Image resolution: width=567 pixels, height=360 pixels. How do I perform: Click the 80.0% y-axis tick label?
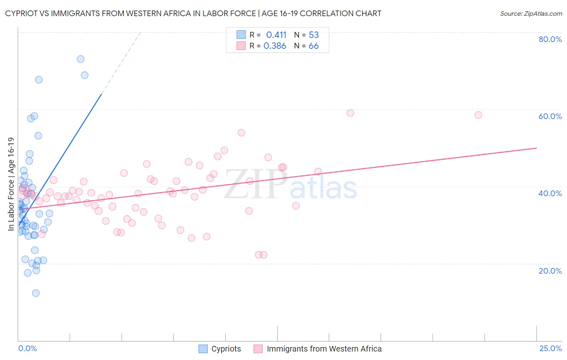pos(550,39)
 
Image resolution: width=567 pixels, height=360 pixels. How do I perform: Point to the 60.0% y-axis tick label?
pos(550,116)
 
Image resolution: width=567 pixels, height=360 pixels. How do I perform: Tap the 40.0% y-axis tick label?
pos(550,193)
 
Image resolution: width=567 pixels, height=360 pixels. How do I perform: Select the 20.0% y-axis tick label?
pos(550,271)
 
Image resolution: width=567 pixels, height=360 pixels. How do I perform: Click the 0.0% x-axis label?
pos(27,348)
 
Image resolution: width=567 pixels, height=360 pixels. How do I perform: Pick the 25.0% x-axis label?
pos(550,348)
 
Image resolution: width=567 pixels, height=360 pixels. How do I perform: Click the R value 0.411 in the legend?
pos(276,35)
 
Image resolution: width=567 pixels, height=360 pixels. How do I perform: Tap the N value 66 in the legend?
pos(313,46)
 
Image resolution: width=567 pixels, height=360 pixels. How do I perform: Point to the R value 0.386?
pos(275,46)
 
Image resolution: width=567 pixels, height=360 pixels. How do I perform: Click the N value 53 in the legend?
pos(313,35)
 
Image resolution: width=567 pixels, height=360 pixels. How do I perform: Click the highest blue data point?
pos(81,59)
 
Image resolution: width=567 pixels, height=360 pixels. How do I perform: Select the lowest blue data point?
pos(36,293)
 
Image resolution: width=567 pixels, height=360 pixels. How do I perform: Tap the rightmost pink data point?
pos(478,115)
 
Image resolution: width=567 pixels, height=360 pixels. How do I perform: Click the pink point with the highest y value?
pos(350,113)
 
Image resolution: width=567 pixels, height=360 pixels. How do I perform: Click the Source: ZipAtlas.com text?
pos(531,14)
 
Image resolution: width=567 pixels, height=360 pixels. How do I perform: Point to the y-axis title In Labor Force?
pos(11,184)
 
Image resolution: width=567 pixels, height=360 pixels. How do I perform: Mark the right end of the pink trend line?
pos(537,148)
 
